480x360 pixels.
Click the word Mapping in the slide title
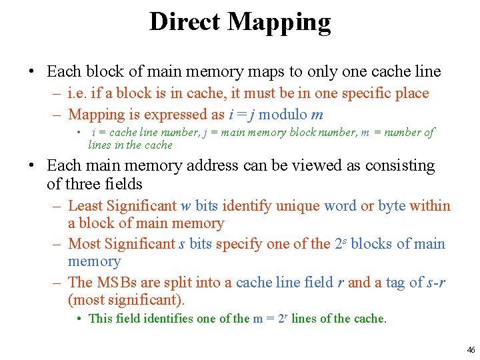pyautogui.click(x=280, y=23)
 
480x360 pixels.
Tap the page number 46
pyautogui.click(x=471, y=349)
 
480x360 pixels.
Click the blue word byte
pyautogui.click(x=392, y=206)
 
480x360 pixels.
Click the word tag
pyautogui.click(x=390, y=283)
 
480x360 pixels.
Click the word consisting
pyautogui.click(x=399, y=165)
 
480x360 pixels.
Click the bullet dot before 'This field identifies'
pyautogui.click(x=80, y=319)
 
